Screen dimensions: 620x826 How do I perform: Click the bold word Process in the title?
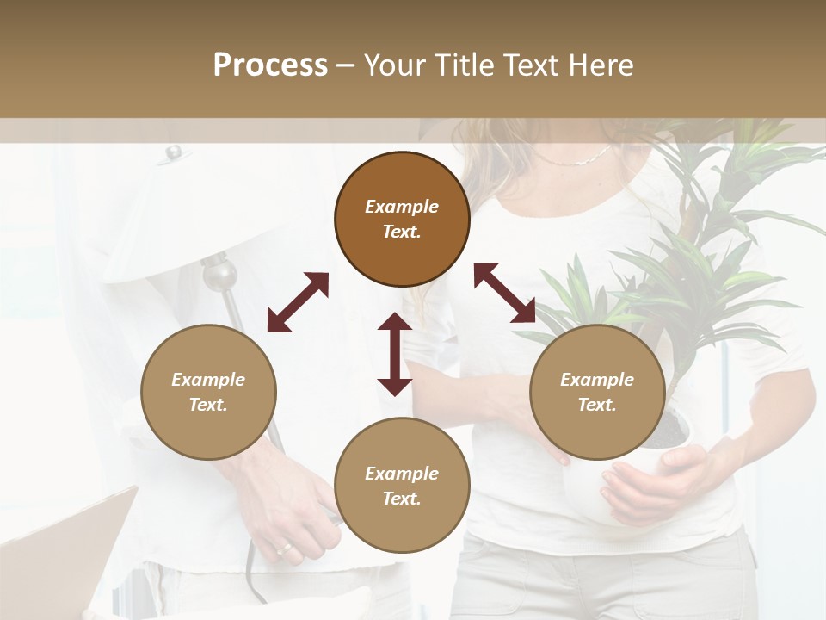click(270, 65)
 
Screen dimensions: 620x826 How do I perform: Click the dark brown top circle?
click(402, 219)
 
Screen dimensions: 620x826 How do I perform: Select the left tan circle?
click(208, 392)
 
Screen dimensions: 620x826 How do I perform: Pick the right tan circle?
click(597, 392)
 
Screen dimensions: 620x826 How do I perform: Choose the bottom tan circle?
click(402, 486)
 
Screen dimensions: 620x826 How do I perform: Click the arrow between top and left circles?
click(298, 302)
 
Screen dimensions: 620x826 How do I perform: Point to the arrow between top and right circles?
click(505, 293)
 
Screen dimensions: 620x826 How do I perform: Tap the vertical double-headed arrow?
click(395, 354)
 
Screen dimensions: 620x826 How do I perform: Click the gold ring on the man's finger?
click(284, 549)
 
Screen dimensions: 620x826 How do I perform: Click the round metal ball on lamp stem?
click(221, 275)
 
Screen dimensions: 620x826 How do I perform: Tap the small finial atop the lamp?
click(175, 153)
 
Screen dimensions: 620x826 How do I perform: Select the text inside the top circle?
click(402, 219)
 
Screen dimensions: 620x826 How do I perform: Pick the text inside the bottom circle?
click(402, 486)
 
